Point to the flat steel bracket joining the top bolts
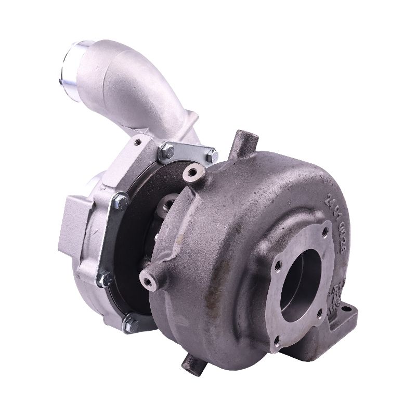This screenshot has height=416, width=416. click(x=190, y=152)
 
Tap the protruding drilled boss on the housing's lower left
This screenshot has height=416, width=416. click(x=151, y=280)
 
